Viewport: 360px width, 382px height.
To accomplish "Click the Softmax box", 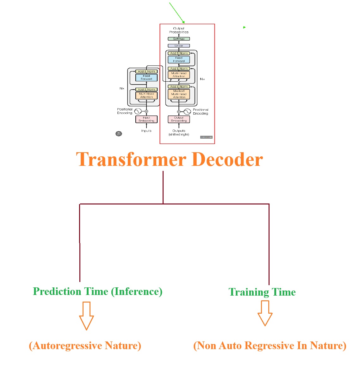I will [x=179, y=39].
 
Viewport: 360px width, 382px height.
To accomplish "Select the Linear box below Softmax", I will [x=179, y=46].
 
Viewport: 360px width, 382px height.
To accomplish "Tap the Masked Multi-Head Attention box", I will [x=179, y=94].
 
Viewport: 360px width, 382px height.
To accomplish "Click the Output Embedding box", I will [x=179, y=119].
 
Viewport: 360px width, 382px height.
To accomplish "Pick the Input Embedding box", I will [x=146, y=119].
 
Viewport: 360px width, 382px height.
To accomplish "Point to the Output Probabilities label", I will [x=179, y=30].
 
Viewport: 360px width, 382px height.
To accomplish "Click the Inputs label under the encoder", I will [x=146, y=131].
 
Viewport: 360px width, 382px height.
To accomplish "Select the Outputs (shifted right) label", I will [x=179, y=133].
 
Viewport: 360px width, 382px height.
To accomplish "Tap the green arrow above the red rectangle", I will [x=177, y=13].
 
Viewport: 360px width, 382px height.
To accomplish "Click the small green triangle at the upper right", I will [x=244, y=28].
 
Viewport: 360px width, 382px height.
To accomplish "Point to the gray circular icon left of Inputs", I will [x=119, y=134].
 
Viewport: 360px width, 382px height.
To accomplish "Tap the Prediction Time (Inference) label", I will [x=97, y=291].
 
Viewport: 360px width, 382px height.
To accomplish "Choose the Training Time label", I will [x=262, y=292].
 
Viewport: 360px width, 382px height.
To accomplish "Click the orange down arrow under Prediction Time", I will [x=86, y=315].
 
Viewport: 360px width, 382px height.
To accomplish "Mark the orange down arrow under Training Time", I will [x=265, y=313].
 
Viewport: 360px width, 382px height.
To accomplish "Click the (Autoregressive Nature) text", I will [x=85, y=346].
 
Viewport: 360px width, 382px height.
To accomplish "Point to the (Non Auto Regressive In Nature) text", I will [x=270, y=346].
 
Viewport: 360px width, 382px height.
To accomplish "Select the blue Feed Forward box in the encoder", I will [x=146, y=78].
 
